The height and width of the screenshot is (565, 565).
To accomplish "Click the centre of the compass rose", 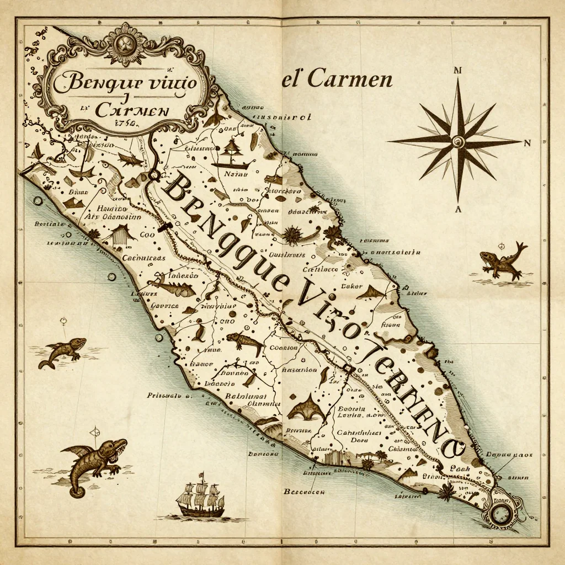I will pos(457,142).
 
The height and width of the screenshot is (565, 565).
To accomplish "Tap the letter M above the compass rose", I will pos(457,71).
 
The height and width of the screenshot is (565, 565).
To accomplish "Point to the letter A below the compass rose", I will pos(457,209).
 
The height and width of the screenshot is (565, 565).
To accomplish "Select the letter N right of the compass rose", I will pos(527,143).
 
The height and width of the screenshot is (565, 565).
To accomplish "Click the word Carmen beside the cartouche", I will pos(349,79).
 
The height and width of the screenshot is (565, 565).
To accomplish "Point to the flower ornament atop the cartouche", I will pos(126,44).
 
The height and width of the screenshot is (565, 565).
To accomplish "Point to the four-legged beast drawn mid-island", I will pos(244,342).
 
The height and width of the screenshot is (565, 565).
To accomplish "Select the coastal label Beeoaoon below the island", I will pos(304,491).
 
